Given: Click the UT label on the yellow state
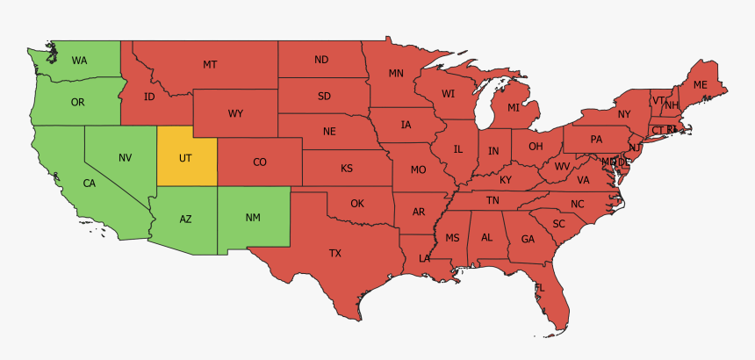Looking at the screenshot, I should point(185,158).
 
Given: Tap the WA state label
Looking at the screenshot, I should point(79,61).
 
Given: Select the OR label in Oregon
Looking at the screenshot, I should point(77,102).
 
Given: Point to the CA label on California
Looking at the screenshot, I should point(89,184).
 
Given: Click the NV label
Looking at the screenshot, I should point(126,157).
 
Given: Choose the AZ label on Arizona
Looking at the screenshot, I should point(186,219).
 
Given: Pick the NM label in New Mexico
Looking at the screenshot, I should point(252,216).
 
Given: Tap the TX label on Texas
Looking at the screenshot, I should point(335,253).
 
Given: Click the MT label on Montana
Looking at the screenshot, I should point(210,64).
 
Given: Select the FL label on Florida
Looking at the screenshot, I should point(540,288).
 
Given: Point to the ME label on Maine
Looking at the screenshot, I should point(700,84).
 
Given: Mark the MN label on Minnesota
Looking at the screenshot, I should point(396,73).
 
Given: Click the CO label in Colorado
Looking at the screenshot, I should point(260,162).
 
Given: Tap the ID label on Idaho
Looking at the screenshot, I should point(149,96).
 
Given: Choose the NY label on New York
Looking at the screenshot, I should point(624,114).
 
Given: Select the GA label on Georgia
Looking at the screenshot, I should point(528,239).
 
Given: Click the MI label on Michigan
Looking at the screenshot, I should point(514,108).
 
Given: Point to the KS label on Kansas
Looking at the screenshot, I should point(347,167).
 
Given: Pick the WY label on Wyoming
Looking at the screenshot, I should point(236,113).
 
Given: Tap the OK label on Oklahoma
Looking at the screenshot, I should point(356,203).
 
